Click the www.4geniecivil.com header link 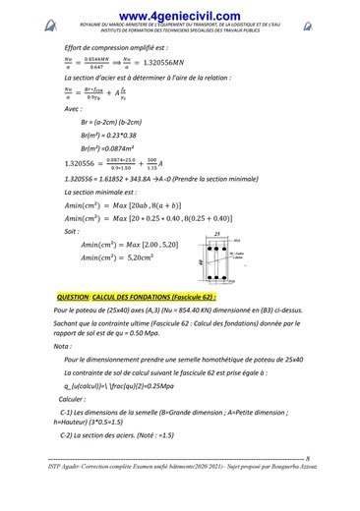coord(180,14)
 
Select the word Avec coord(74,109)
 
